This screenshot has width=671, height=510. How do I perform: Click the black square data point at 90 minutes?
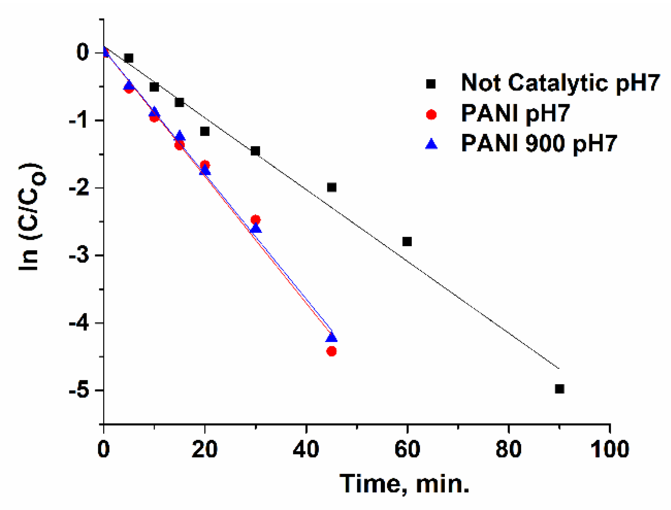559,389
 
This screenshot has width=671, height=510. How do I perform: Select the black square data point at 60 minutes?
407,241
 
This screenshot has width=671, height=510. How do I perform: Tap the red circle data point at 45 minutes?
331,351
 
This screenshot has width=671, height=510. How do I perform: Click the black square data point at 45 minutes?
331,187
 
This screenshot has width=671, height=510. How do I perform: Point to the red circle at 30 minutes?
256,220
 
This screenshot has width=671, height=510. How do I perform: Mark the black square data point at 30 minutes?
255,151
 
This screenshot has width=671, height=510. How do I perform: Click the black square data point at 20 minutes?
205,131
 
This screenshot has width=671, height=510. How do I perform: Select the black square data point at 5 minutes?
129,58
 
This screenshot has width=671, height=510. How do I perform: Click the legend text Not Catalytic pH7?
560,83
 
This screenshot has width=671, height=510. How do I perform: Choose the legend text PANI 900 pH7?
539,143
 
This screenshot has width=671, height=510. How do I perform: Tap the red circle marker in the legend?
431,114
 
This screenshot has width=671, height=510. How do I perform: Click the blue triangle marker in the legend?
431,144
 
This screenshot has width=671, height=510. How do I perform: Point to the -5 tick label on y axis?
79,390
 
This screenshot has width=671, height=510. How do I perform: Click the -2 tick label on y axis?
79,188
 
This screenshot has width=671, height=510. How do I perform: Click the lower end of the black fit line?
558,368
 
